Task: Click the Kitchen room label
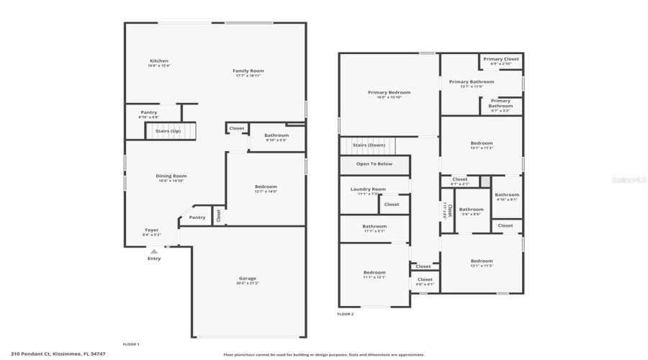(x=159, y=61)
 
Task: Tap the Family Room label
(x=248, y=71)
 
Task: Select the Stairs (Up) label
(x=168, y=131)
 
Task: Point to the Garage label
(x=248, y=279)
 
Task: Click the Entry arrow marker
(x=153, y=251)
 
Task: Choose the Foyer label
(x=152, y=230)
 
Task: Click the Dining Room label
(x=171, y=176)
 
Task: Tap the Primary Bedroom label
(x=389, y=93)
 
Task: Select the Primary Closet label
(x=500, y=60)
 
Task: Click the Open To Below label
(x=374, y=164)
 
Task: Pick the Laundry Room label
(x=368, y=189)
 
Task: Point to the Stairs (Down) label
(x=369, y=145)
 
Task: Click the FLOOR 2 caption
(x=346, y=314)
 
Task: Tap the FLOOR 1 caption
(x=131, y=344)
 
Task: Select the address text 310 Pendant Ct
(x=53, y=354)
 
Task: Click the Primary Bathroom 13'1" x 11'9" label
(x=472, y=82)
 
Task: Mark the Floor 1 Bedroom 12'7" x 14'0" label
(x=266, y=187)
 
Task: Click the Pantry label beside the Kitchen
(x=148, y=112)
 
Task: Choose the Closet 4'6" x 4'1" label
(x=425, y=280)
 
